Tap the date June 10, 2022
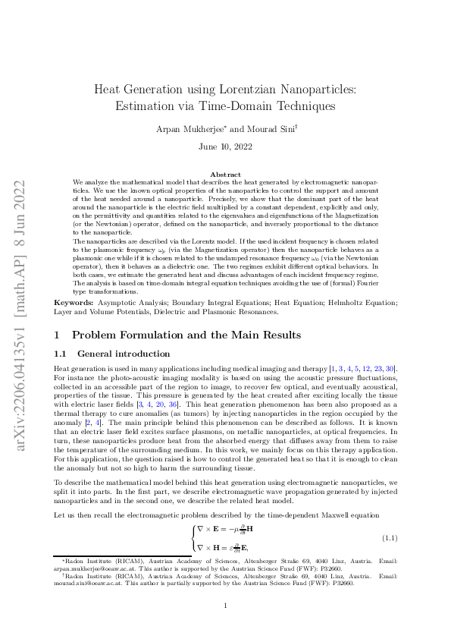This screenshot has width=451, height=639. tap(225, 146)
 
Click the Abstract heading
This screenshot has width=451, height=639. tap(225, 175)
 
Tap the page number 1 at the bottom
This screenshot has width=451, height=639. tap(225, 605)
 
